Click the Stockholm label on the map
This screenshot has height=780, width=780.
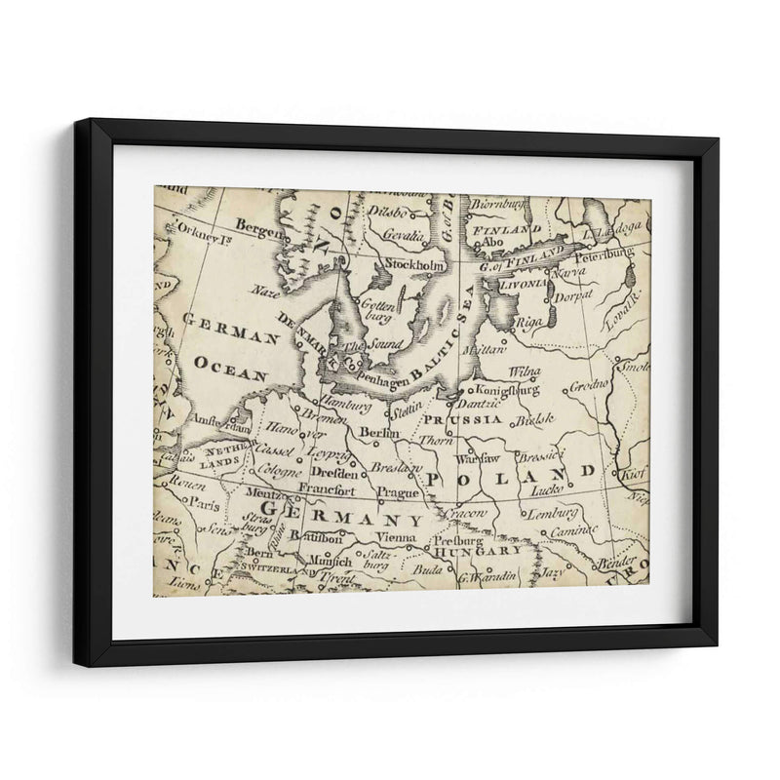click(416, 265)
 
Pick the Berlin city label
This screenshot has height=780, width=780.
click(381, 432)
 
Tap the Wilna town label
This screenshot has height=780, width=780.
click(525, 372)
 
